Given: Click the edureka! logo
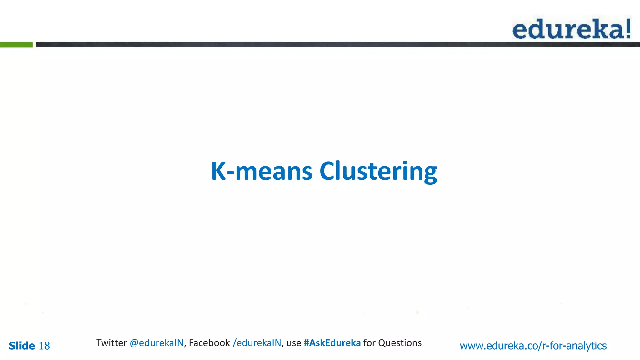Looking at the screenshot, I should (571, 29).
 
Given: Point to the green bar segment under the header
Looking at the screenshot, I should (16, 45).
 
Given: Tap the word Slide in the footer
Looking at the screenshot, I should (22, 346).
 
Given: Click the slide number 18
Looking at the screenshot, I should (44, 346).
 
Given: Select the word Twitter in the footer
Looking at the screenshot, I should (111, 343).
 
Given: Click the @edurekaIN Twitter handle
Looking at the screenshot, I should (157, 343).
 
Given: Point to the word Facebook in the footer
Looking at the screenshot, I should (209, 343).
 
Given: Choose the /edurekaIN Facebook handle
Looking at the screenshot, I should (257, 343).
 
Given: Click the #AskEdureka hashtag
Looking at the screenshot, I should (332, 343).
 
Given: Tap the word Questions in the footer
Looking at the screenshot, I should (400, 343).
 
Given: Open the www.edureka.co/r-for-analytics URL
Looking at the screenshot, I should (533, 346).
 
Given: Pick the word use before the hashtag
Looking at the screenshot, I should (294, 343).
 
